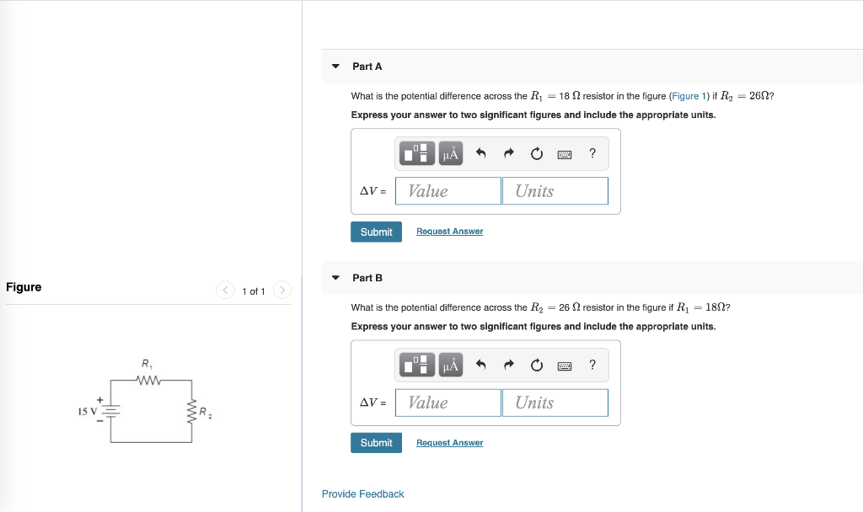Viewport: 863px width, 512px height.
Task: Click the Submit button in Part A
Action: (x=376, y=232)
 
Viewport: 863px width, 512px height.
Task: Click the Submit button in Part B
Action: (x=376, y=443)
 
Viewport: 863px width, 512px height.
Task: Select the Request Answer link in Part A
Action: (x=449, y=232)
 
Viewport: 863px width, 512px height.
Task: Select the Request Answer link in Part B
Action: (x=449, y=443)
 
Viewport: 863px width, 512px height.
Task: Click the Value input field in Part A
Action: (x=448, y=191)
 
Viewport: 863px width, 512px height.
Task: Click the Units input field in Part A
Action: (x=555, y=191)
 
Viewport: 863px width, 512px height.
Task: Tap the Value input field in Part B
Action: (x=448, y=403)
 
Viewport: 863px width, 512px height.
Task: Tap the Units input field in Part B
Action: (x=555, y=403)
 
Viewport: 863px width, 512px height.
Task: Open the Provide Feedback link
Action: (x=362, y=494)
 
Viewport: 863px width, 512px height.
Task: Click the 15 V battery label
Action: (x=88, y=412)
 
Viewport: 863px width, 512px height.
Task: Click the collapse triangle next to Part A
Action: (x=335, y=67)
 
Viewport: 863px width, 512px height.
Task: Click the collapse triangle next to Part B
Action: (x=335, y=278)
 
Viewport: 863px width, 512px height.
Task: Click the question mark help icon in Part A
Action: (x=592, y=153)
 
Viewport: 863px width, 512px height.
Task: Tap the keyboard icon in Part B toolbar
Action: (x=565, y=365)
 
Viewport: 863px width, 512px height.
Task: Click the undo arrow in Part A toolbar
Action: (x=481, y=153)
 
